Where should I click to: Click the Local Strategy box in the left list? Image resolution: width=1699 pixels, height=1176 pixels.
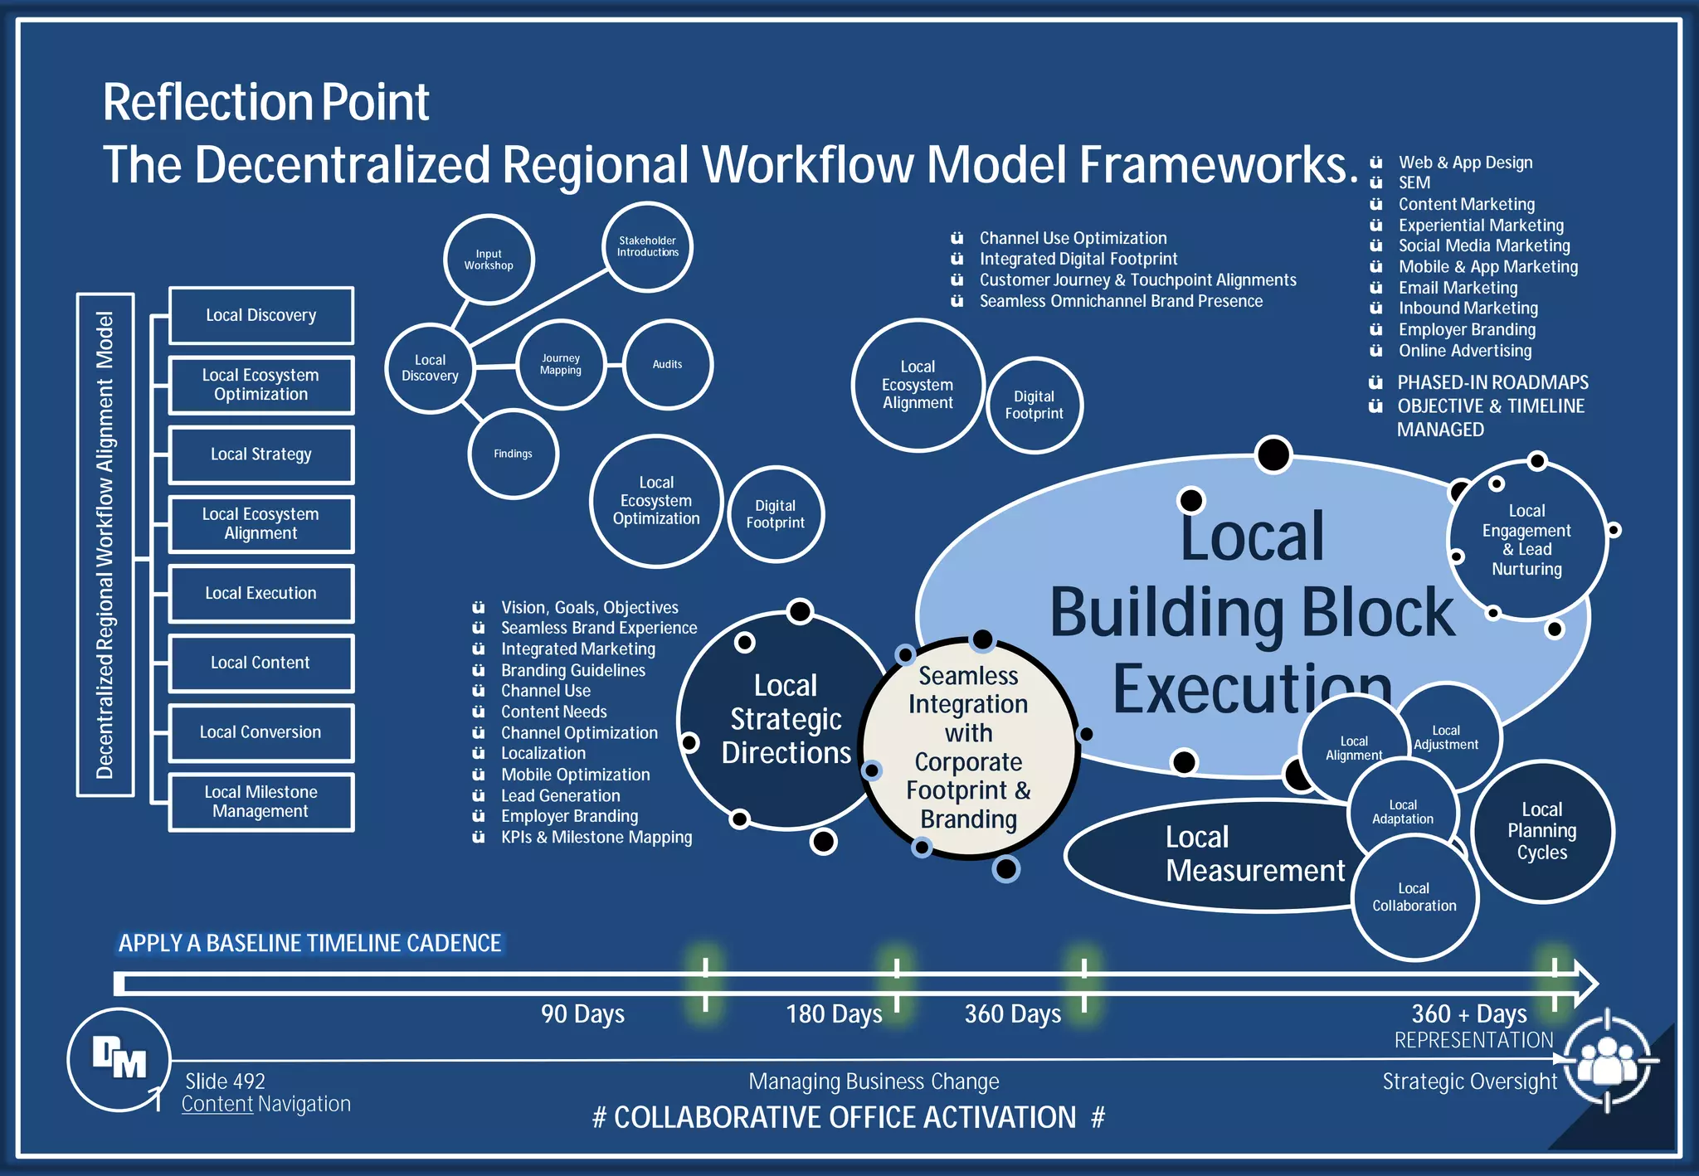[261, 454]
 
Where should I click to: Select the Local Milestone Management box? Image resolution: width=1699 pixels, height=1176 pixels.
[261, 802]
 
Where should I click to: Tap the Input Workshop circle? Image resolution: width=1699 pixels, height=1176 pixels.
[489, 260]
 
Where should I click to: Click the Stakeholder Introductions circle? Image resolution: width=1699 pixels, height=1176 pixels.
[647, 246]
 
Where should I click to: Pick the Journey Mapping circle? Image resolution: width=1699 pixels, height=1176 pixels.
[561, 365]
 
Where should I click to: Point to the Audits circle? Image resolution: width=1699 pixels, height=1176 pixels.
[667, 365]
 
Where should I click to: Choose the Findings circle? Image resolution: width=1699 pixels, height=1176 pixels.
[513, 454]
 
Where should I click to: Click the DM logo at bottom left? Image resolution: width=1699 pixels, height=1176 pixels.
[119, 1059]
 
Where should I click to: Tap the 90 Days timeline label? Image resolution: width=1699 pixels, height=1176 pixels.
[582, 1014]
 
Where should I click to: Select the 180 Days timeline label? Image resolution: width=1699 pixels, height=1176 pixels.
[834, 1014]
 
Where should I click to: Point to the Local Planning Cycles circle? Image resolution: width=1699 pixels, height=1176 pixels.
[1542, 831]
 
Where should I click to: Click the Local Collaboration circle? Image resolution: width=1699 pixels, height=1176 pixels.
[1414, 897]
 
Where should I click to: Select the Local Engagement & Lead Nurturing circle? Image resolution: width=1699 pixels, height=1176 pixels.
[1526, 540]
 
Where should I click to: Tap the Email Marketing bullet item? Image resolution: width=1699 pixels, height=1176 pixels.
[1458, 288]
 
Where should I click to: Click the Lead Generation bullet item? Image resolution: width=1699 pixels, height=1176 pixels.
[560, 795]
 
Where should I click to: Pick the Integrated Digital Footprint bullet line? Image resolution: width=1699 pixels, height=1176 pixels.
[1078, 259]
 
